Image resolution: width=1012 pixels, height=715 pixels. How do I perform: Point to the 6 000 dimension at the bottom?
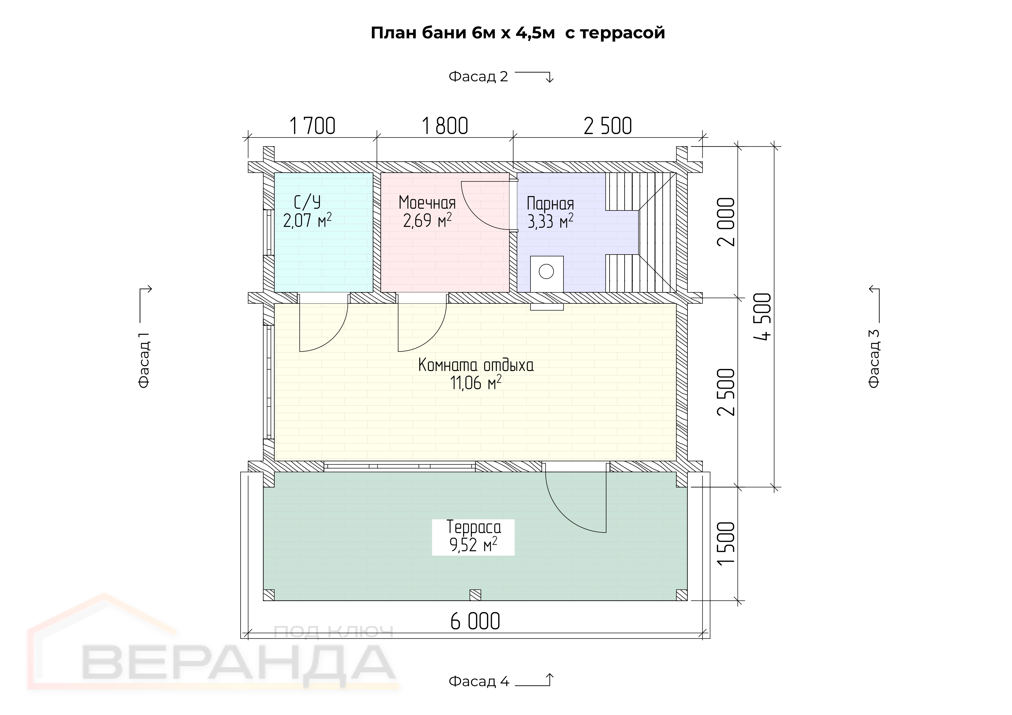point(475,621)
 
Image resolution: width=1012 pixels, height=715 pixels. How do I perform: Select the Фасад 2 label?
point(478,77)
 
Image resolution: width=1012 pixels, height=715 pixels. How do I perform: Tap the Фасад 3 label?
point(874,359)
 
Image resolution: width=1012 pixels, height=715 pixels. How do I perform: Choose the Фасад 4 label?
point(479,682)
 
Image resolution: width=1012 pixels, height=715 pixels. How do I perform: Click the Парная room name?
point(550,204)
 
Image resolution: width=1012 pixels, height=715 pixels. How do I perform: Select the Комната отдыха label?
point(476,365)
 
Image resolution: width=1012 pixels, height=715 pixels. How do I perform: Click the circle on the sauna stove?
point(547,271)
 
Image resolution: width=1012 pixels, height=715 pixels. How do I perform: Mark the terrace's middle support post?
point(475,595)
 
